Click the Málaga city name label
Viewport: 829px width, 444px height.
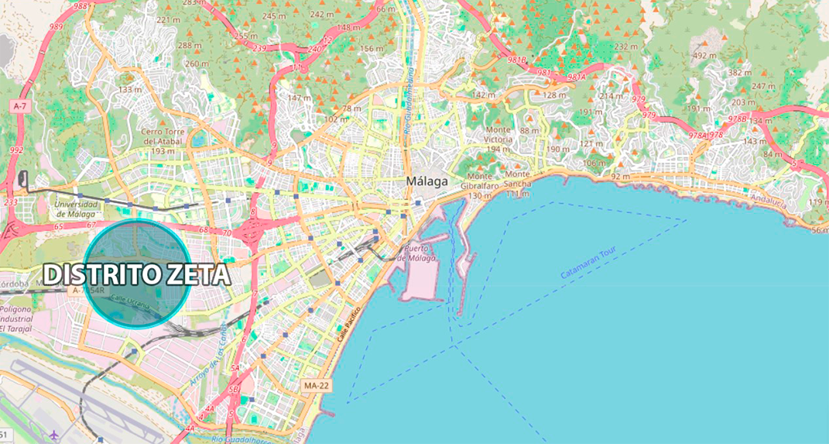(426, 181)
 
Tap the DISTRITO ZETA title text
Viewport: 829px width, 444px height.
(136, 275)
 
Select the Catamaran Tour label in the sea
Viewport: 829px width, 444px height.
(585, 266)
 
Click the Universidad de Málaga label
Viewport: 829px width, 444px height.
(75, 208)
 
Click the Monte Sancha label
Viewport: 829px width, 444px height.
(518, 186)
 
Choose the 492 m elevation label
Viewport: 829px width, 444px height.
(704, 56)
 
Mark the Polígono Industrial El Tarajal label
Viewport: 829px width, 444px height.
(16, 318)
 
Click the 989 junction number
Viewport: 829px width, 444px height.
(55, 26)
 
